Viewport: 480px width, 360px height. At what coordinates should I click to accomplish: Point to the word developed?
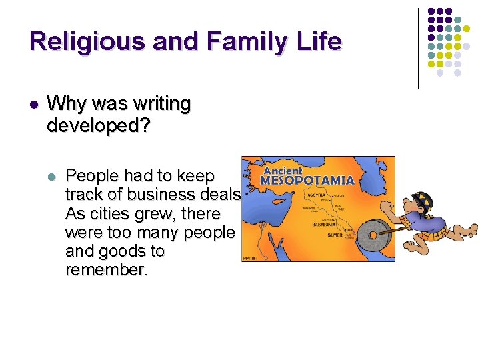coord(99,125)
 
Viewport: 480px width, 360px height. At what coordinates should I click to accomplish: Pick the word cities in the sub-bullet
coord(107,214)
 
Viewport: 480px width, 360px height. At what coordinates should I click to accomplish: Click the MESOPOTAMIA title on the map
coord(306,180)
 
